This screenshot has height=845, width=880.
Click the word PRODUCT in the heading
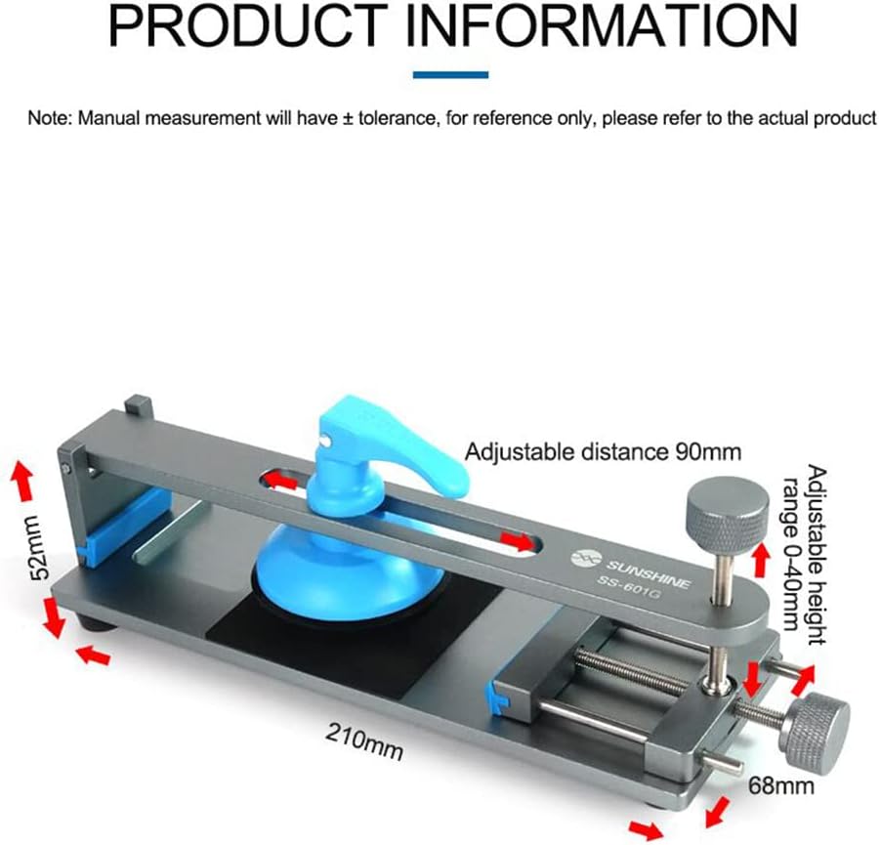(x=248, y=25)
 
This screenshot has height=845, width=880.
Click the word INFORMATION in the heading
(x=602, y=25)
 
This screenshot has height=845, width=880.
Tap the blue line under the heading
(x=450, y=74)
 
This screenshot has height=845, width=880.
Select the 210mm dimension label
(x=364, y=741)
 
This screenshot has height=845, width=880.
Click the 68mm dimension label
(x=781, y=786)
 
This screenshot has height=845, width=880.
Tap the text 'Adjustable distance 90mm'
(x=603, y=451)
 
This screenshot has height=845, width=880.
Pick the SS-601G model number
(x=627, y=585)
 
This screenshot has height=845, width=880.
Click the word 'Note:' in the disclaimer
(x=50, y=118)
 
